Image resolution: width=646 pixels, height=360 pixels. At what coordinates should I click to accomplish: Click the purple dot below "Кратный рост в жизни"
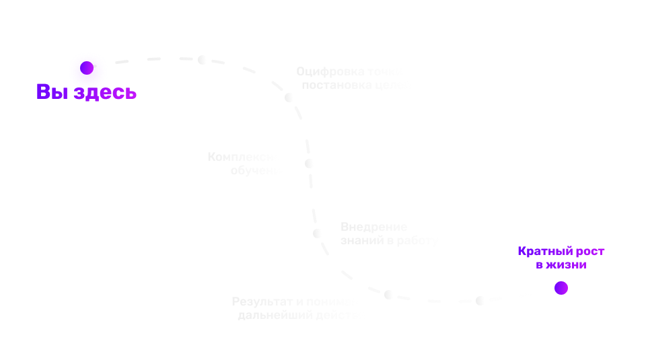tap(561, 288)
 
